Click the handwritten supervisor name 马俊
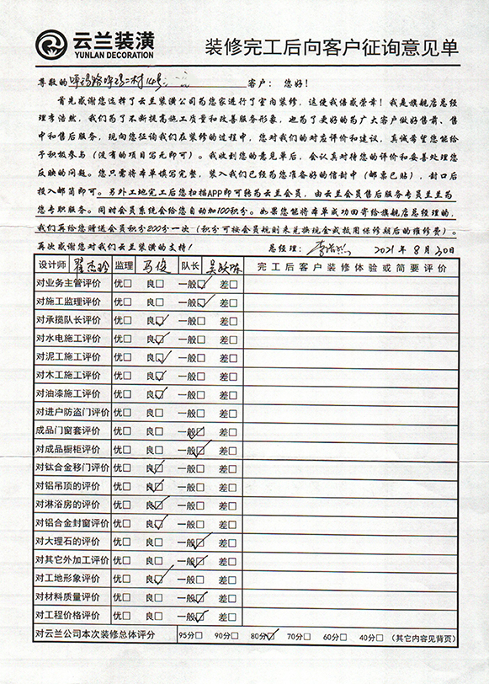[156, 265]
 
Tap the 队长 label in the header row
[189, 265]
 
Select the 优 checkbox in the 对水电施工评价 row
[127, 339]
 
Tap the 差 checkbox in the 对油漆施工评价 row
[234, 394]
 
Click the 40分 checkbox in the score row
[376, 635]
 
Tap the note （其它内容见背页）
[427, 635]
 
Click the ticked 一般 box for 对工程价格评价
[201, 616]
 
